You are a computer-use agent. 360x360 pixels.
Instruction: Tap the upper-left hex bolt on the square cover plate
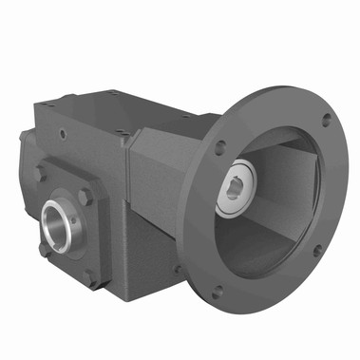pyautogui.click(x=41, y=174)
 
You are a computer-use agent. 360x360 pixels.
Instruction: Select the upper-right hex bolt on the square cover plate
pyautogui.click(x=85, y=197)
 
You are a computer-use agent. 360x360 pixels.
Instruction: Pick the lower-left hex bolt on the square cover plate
pyautogui.click(x=44, y=250)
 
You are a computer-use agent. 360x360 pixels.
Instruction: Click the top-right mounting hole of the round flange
pyautogui.click(x=327, y=120)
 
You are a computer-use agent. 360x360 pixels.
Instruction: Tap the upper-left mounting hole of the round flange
pyautogui.click(x=220, y=147)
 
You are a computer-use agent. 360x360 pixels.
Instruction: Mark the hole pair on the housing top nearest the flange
pyautogui.click(x=124, y=136)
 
